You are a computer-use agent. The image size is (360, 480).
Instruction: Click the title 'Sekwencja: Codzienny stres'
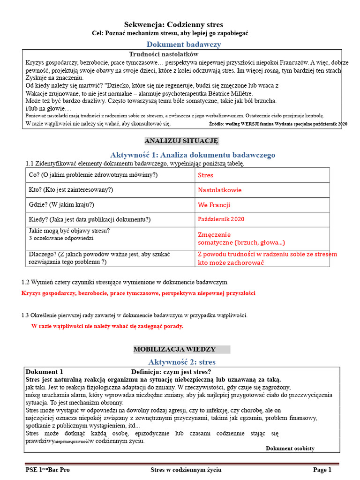[x=173, y=24]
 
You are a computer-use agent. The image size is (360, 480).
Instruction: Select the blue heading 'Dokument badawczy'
[x=184, y=44]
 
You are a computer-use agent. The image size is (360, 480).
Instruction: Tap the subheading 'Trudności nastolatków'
[x=161, y=54]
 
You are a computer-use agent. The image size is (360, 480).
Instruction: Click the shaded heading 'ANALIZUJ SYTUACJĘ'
[x=181, y=141]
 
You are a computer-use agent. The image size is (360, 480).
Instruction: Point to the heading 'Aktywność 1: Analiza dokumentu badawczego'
[x=193, y=155]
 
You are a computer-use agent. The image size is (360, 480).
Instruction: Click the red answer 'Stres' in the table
[x=205, y=175]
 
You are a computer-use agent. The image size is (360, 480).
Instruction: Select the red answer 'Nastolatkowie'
[x=220, y=190]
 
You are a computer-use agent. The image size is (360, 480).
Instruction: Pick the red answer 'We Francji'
[x=214, y=205]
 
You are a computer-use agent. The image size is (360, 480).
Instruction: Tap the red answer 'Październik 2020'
[x=221, y=219]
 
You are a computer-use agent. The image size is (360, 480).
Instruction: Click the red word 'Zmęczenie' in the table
[x=214, y=234]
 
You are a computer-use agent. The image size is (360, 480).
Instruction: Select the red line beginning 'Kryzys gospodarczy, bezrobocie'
[x=138, y=293]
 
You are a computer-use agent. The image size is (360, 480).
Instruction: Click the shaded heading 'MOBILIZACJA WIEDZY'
[x=174, y=349]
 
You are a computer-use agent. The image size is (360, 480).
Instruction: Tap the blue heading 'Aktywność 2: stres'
[x=182, y=362]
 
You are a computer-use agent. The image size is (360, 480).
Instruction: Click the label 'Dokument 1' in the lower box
[x=44, y=372]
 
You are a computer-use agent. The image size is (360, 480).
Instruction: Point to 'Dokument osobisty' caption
[x=290, y=449]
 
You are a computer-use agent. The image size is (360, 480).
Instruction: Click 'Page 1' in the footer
[x=322, y=470]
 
